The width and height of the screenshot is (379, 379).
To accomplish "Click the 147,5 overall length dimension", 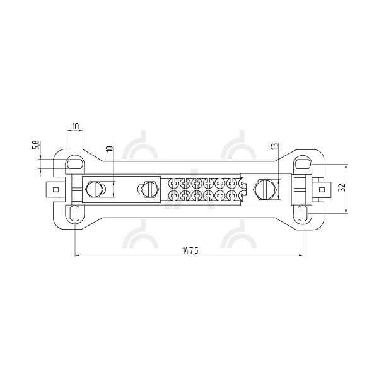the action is pos(190,250).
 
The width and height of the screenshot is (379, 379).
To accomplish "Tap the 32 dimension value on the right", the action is pos(342,188).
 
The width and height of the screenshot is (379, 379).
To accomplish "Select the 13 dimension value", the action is pos(275,146).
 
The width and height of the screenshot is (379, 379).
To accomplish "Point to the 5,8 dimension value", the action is pos(36,145).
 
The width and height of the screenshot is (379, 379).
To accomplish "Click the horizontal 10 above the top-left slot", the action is pos(75,126).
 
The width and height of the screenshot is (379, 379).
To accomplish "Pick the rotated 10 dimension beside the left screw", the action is pos(110,149).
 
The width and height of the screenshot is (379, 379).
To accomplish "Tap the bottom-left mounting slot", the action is pos(75,213).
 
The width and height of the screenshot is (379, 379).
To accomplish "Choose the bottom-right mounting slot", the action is pos(303,213).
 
